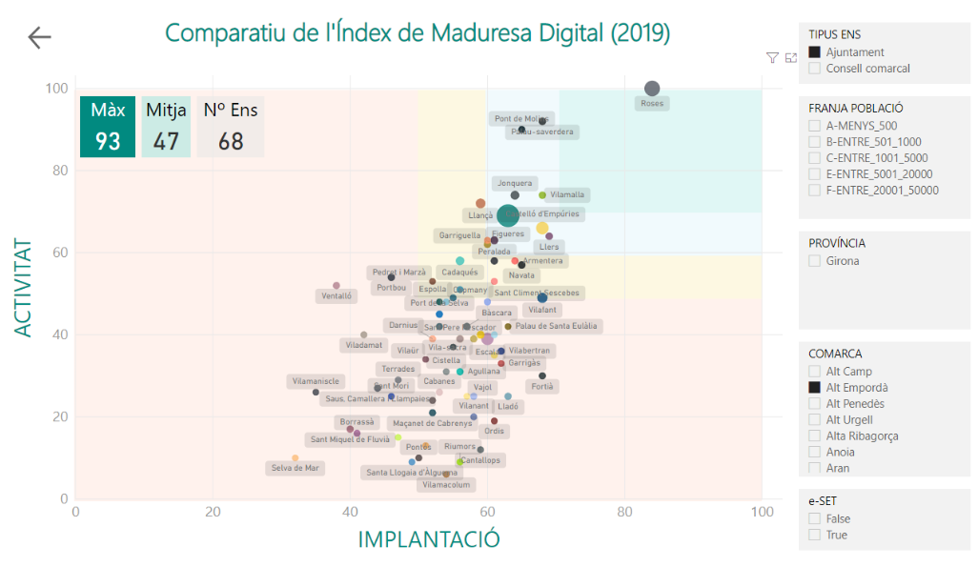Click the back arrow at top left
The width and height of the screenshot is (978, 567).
coord(40,37)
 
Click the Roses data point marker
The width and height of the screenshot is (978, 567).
coord(652,89)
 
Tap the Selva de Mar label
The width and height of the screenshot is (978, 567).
coord(295,468)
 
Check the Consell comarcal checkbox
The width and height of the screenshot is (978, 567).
coord(815,69)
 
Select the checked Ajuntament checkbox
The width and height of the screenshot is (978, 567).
coord(815,52)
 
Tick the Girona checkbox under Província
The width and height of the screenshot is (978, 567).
coord(815,261)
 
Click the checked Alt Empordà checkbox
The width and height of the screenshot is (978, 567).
coord(815,388)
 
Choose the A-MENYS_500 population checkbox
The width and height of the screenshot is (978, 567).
coord(815,126)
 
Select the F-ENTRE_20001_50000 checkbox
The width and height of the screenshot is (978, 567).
coord(815,191)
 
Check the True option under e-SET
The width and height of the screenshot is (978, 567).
coord(815,536)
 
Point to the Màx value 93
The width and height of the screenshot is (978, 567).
coord(108,141)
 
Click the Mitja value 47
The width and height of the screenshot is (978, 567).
coord(166,141)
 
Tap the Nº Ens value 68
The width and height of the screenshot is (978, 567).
coord(231,141)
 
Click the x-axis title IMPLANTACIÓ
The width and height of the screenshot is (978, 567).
coord(428,539)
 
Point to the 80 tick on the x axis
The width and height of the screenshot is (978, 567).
coord(624,512)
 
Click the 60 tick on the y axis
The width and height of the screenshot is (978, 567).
coord(59,253)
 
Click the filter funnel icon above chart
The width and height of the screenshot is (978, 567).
coord(772,58)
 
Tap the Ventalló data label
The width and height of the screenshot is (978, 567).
coord(336,296)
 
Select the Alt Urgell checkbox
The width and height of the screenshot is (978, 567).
coord(815,420)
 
